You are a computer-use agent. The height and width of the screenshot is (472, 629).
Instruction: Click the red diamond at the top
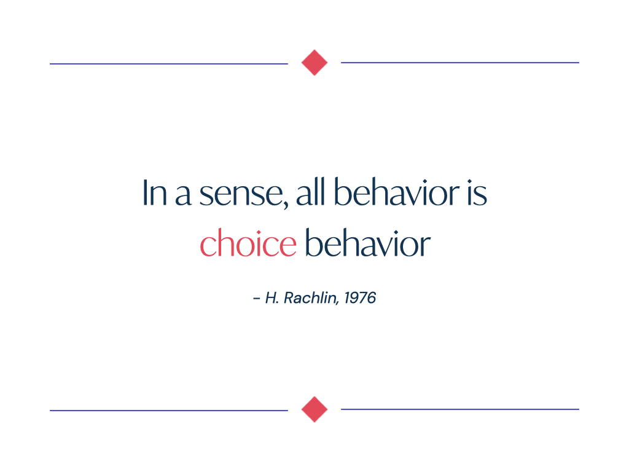[x=314, y=63]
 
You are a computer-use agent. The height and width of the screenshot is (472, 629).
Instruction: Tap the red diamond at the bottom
[x=314, y=409]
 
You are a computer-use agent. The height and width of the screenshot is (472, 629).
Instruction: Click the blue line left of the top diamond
[x=169, y=63]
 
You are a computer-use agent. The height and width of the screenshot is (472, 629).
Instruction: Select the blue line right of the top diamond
[x=460, y=63]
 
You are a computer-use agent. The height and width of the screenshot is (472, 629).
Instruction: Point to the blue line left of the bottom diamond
[x=169, y=410]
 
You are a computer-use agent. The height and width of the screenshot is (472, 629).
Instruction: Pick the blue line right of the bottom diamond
[x=460, y=409]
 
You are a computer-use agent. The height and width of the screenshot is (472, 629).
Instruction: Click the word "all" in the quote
[x=310, y=192]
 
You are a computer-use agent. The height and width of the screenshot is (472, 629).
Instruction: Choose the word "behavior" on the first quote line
[x=396, y=192]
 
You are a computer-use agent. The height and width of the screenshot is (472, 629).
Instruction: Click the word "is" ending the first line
[x=477, y=193]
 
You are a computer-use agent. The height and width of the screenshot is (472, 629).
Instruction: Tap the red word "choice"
[x=248, y=242]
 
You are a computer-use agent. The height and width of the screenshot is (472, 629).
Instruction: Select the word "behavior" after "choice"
[x=368, y=242]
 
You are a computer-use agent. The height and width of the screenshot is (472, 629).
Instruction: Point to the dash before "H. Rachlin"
[x=257, y=299]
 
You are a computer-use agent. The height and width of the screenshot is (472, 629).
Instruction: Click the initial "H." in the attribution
[x=272, y=298]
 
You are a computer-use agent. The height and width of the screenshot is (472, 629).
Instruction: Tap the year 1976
[x=360, y=298]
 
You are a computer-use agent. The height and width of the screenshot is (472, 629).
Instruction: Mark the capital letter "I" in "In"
[x=145, y=193]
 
